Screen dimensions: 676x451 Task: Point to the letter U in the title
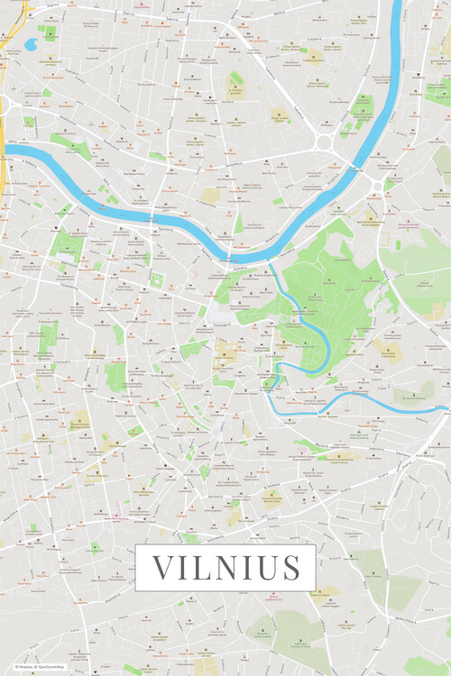click(x=265, y=568)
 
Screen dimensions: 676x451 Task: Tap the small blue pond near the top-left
click(x=31, y=44)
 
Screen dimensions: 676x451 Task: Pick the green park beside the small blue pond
click(x=49, y=33)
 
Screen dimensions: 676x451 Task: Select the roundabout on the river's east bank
click(x=376, y=187)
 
